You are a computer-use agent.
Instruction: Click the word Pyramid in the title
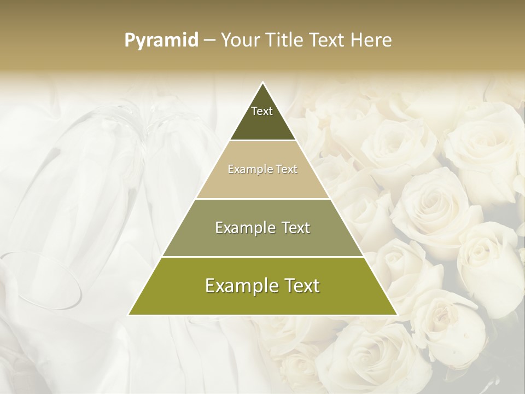tap(161, 40)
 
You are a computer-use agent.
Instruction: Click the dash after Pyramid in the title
tap(209, 40)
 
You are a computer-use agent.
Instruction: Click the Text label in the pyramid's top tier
tap(262, 111)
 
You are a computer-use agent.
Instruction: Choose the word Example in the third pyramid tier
tap(243, 228)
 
